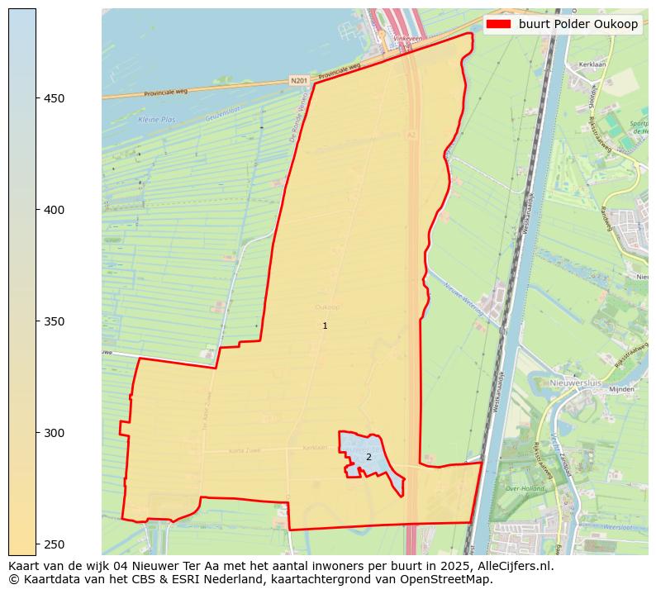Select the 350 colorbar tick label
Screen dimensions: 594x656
pos(54,321)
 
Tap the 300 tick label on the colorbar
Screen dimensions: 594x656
pos(54,433)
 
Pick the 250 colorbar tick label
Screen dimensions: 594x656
pos(54,544)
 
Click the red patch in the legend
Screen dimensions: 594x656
pos(499,24)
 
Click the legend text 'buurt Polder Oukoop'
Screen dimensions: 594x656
pos(578,24)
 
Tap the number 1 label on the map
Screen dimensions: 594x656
pos(325,326)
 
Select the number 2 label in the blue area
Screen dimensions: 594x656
pos(368,457)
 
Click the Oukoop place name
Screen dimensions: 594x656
pos(327,307)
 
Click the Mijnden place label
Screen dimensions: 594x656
pos(620,388)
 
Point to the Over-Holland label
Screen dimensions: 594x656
pos(528,488)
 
